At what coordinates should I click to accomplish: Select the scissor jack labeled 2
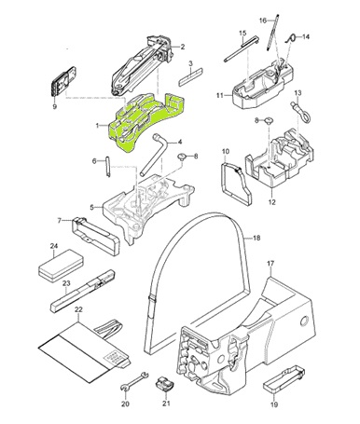coord(142,66)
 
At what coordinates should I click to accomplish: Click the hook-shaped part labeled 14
coord(290,39)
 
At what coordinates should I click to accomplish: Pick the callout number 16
coord(263,21)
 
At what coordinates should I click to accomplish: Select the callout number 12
coord(272,202)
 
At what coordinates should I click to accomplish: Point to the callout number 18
coord(256,239)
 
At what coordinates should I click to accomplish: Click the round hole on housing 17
coord(304,321)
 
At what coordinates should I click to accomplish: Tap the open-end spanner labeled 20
coord(134,380)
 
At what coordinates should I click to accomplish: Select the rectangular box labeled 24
coord(61,266)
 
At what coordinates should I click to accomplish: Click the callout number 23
coord(66,283)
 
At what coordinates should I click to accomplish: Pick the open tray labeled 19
coord(284,380)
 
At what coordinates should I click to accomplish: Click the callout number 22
coord(79,309)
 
